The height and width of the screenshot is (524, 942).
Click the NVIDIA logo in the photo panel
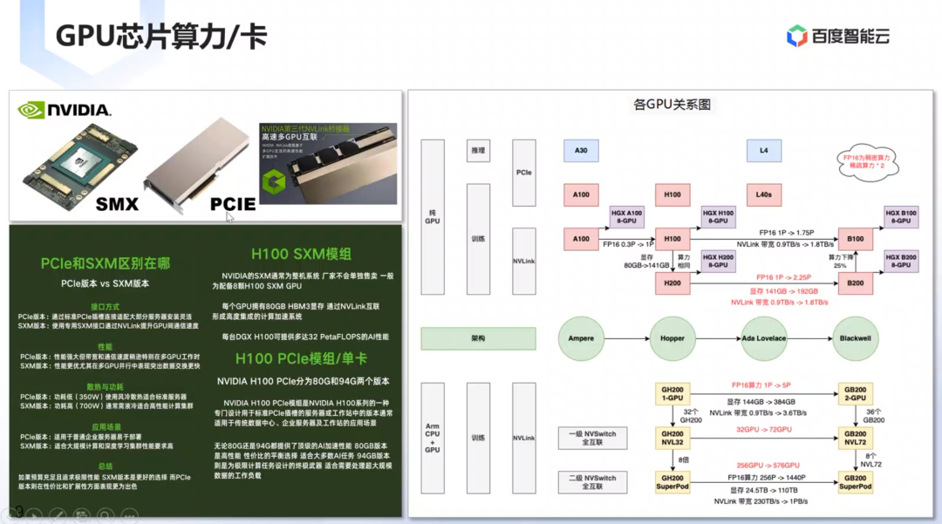point(65,110)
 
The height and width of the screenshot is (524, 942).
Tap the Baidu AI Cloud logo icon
point(796,36)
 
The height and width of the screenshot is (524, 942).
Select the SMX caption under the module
point(117,205)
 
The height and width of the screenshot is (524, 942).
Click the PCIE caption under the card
point(232,205)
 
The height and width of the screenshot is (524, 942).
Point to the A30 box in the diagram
point(581,151)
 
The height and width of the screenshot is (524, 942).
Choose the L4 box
point(763,151)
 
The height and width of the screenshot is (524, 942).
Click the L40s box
point(763,194)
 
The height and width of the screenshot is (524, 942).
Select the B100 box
point(855,238)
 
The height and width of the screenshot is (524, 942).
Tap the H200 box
point(672,283)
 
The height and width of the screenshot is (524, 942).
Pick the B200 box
point(855,283)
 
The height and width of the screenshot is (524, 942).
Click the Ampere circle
point(581,338)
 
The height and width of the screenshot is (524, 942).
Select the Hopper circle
point(672,338)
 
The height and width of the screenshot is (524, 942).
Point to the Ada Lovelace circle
point(763,338)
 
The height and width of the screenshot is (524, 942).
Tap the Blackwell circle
point(855,338)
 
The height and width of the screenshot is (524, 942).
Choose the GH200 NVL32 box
point(672,437)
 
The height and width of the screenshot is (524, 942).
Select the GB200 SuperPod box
point(855,482)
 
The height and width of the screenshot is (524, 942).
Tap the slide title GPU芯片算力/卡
point(161,37)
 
